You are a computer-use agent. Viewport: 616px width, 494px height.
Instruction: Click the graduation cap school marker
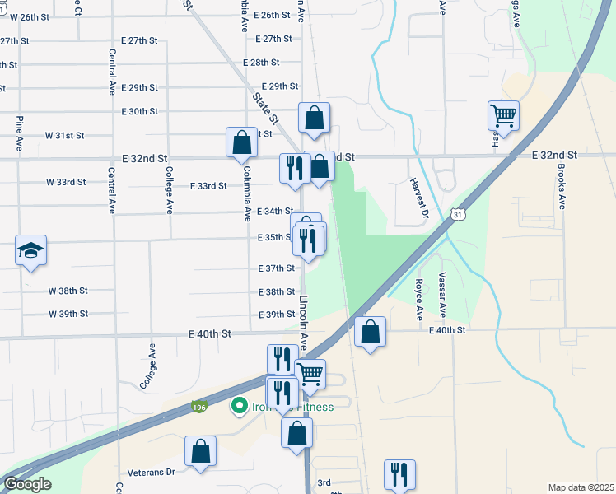coord(30,250)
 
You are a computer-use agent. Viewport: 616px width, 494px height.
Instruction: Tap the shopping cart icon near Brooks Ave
coord(502,116)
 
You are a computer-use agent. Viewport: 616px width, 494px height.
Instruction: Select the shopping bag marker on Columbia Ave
coord(242,142)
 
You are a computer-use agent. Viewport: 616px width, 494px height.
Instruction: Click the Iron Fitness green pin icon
coord(240,406)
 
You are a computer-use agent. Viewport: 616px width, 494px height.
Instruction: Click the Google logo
coord(27,484)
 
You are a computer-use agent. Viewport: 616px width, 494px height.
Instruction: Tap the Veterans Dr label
coord(152,473)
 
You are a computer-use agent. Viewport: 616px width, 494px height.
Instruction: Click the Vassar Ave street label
coord(442,295)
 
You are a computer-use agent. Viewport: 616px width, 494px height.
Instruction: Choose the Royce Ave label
coord(419,300)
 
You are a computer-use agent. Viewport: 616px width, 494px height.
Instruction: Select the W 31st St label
coord(65,135)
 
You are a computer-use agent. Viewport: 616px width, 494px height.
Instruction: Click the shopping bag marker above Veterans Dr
coord(200,452)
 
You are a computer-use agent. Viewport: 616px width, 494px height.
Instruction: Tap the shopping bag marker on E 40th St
coord(370,333)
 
